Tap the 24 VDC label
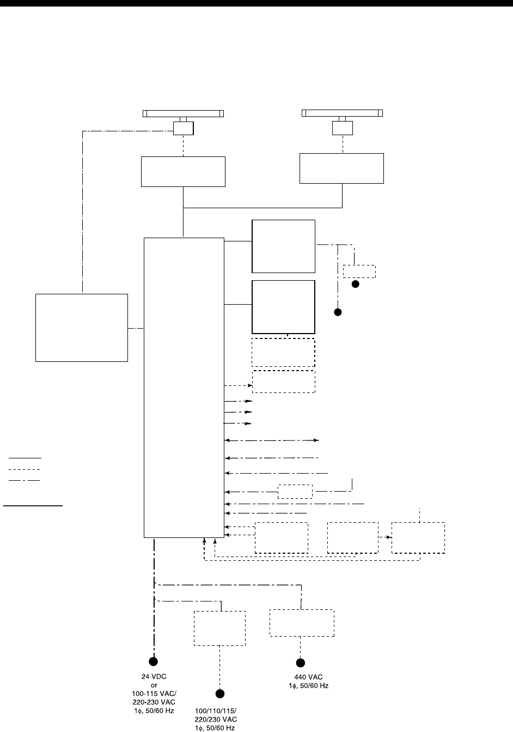coord(154,677)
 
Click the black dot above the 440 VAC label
coord(300,663)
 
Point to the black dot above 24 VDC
coord(154,662)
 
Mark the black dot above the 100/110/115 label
coord(219,694)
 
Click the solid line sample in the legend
coord(25,458)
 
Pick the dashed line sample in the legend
coord(25,469)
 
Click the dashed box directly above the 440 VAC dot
coord(302,623)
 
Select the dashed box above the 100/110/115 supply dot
coord(219,628)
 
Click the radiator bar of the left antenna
coord(184,113)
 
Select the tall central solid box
coord(184,387)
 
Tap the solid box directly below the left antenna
coord(183,172)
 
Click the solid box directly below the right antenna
coord(342,168)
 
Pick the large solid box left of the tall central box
coord(82,328)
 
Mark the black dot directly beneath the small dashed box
coord(356,285)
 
